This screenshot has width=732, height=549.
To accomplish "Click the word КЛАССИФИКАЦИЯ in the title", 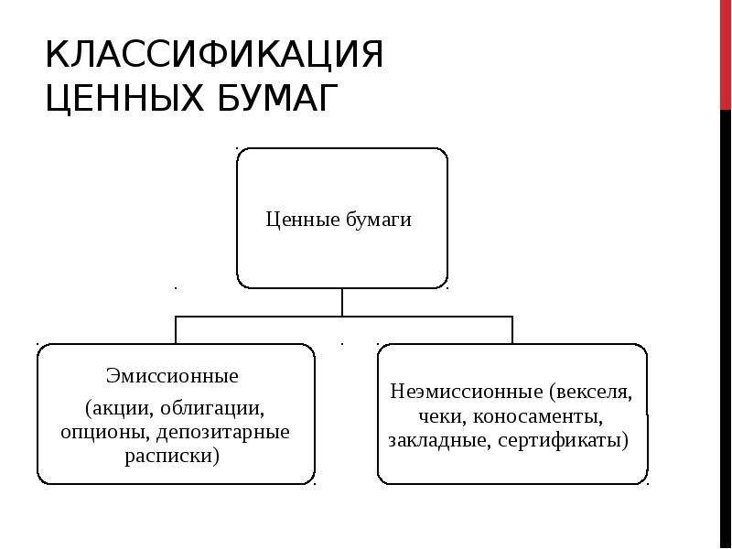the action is point(214,55).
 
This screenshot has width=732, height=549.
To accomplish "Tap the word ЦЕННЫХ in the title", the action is point(124,98).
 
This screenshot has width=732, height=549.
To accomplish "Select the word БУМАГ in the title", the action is point(278,98).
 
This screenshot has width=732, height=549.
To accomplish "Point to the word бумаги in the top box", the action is point(379,220).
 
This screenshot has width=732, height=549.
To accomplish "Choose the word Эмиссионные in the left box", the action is point(172,375).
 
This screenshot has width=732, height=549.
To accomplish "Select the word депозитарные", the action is point(223,432).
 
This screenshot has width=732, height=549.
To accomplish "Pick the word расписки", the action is point(168,456).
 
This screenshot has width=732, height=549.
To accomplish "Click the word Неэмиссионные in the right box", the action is point(467,391).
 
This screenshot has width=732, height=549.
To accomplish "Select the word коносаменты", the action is point(537,416).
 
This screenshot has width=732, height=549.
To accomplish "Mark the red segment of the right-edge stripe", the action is point(726,55).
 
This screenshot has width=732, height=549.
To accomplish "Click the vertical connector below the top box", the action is point(342,303).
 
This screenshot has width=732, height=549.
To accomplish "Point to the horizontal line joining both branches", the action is point(344,317).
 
